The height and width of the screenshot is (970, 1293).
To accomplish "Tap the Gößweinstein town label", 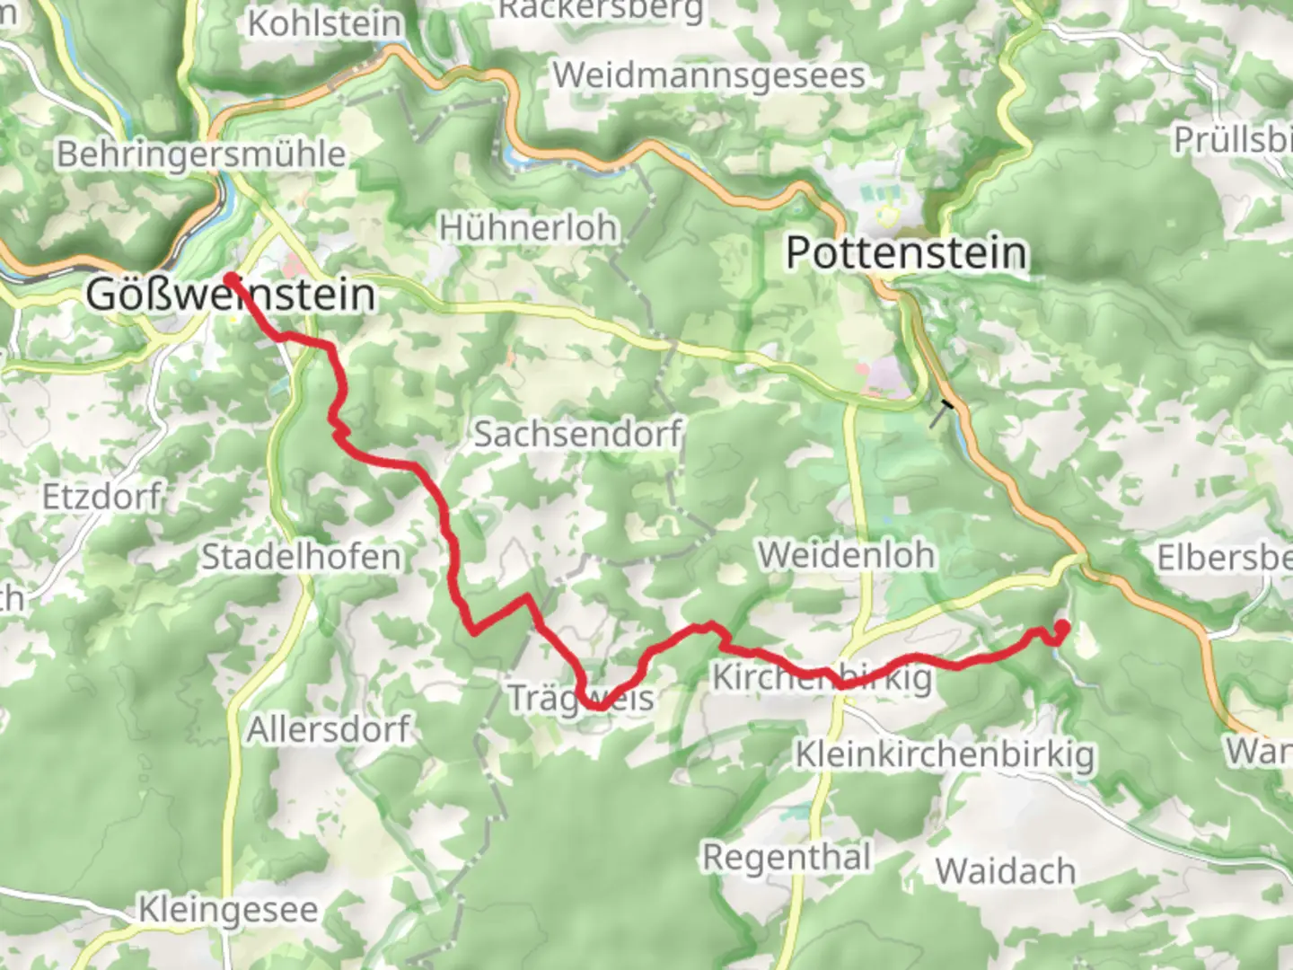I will (231, 295).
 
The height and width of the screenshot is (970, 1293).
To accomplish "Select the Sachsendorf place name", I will (577, 434).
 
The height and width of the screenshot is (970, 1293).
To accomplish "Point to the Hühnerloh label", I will (528, 228).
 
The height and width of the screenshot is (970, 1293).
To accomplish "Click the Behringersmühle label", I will (201, 154).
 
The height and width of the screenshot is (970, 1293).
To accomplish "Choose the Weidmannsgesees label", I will (708, 75).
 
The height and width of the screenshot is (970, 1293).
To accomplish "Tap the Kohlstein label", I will (324, 24).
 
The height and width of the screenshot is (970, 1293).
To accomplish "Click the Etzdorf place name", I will (102, 496).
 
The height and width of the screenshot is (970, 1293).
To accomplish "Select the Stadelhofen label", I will (300, 557).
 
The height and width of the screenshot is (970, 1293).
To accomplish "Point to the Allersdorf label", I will (328, 728).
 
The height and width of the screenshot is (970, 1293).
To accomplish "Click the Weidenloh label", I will (847, 555).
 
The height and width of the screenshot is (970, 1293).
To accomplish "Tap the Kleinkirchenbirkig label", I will (945, 755).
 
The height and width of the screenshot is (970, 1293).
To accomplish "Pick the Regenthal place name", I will (787, 857).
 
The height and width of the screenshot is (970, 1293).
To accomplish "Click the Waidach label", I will (1005, 870).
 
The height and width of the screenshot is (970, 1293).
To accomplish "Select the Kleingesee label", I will (228, 910).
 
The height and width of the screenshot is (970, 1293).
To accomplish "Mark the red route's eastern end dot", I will (1061, 627).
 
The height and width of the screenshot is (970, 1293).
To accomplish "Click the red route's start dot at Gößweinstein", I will (231, 278).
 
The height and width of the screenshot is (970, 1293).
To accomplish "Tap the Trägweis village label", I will (580, 698).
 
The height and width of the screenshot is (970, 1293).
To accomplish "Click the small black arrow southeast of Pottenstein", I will (944, 411).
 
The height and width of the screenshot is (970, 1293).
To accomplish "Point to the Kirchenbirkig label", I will (822, 677).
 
